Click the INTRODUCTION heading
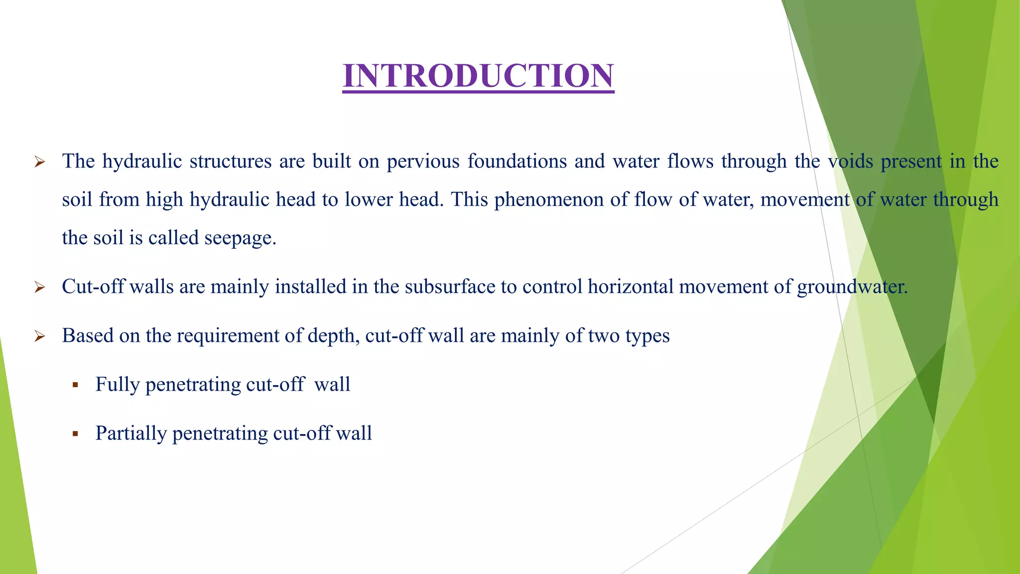pos(478,76)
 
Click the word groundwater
pos(852,287)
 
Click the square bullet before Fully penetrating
pos(75,385)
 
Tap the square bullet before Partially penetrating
pos(75,434)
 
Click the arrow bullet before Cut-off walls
pos(40,287)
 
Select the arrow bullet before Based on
pos(40,336)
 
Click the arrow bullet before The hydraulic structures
pos(40,162)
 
